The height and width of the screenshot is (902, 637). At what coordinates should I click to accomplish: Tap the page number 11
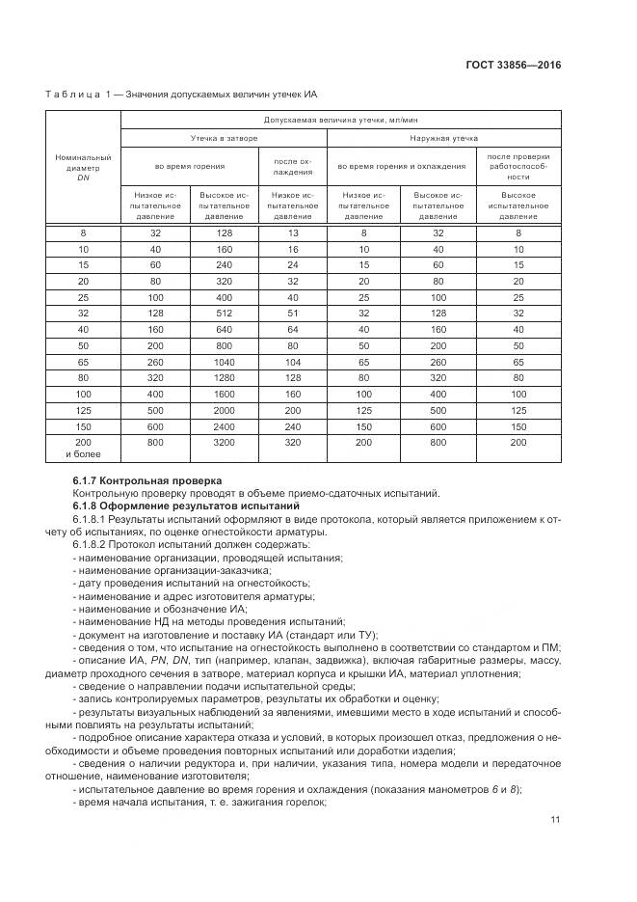555,820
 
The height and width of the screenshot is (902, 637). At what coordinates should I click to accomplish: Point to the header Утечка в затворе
224,139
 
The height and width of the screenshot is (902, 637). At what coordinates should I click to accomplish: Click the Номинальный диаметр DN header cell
83,166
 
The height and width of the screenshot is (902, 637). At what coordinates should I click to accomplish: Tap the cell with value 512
224,313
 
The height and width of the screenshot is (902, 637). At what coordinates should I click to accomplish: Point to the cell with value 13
293,232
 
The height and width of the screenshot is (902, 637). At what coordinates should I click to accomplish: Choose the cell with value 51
293,313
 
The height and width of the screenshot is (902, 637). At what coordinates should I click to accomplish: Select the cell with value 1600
224,395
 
